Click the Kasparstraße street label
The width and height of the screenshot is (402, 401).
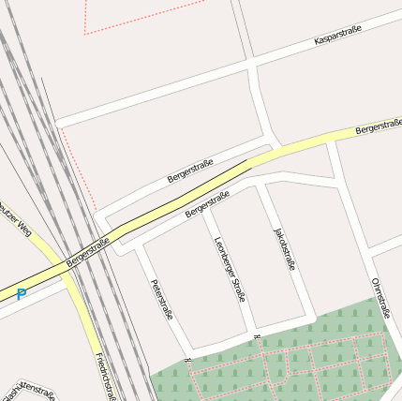[338, 37]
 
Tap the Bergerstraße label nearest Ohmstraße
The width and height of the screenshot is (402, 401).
[379, 126]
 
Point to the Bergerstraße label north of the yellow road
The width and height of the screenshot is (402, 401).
[190, 170]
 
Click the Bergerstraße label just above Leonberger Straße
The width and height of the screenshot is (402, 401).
[207, 204]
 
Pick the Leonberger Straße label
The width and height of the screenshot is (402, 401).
[230, 269]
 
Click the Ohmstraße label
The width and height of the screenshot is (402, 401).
[380, 298]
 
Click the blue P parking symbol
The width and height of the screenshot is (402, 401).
[22, 294]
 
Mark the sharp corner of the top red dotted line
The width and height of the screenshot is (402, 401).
[85, 34]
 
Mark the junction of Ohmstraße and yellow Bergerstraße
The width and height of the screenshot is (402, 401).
[331, 140]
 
